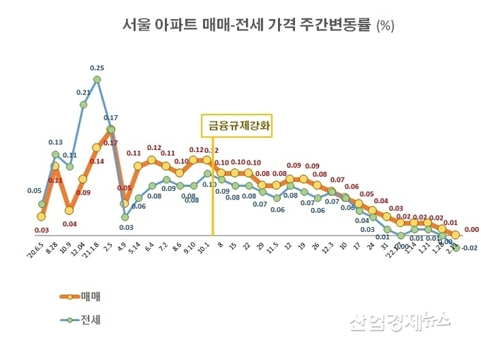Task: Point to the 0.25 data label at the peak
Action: [98, 68]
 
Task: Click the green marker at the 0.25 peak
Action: [98, 79]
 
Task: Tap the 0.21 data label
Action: [83, 93]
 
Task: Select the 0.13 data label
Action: [55, 142]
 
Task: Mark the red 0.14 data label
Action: [96, 161]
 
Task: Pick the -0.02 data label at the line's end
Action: [470, 248]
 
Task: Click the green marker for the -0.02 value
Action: [456, 248]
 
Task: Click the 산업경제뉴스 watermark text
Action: [400, 323]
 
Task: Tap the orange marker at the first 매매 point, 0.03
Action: [42, 216]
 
